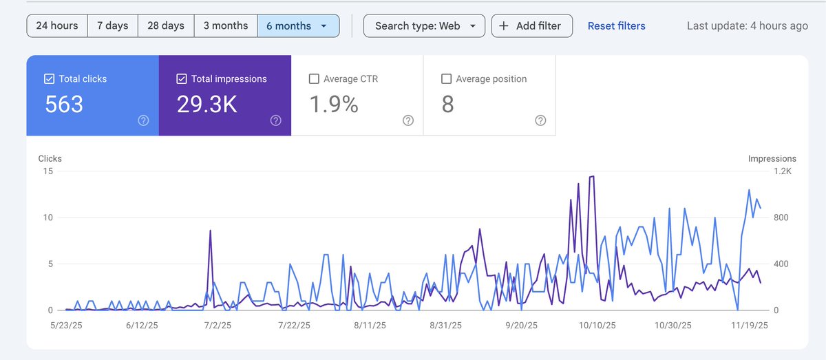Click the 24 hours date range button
click(x=57, y=25)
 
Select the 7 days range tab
click(x=112, y=25)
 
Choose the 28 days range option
click(x=166, y=25)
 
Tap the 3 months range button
click(x=225, y=25)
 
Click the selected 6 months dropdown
click(x=297, y=26)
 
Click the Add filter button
click(x=531, y=26)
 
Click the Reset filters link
click(x=616, y=26)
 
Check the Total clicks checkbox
click(x=50, y=79)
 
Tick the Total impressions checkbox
click(x=182, y=79)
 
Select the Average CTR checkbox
click(x=314, y=79)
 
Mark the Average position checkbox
click(x=446, y=79)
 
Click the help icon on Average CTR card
click(x=408, y=120)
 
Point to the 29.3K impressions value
click(x=206, y=105)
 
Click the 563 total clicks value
click(x=64, y=105)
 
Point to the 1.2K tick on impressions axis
click(x=782, y=171)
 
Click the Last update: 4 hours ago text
click(x=747, y=26)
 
